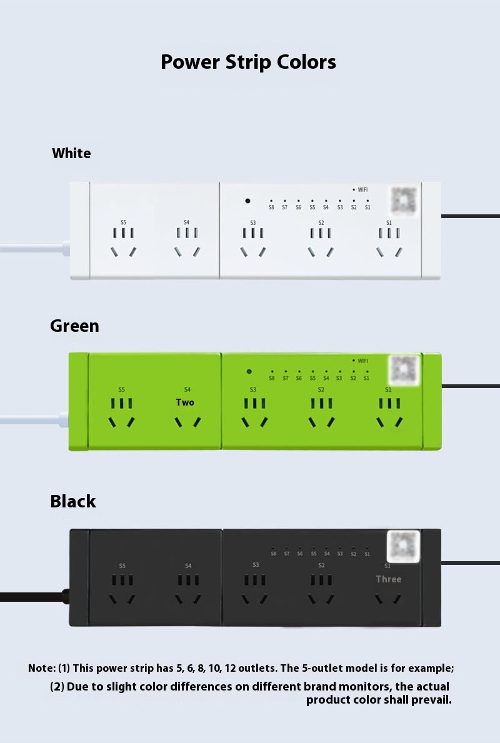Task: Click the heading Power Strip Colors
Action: pos(248,62)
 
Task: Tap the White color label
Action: pos(71,153)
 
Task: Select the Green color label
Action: pos(74,326)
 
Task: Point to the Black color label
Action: pos(73,501)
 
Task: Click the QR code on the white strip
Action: pos(404,200)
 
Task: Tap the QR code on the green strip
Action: pos(403,369)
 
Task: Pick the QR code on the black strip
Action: pos(402,544)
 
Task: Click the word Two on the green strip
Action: pos(185,402)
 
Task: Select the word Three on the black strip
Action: pos(388,579)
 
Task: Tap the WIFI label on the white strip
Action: pos(362,189)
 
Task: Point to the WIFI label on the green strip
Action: pos(363,361)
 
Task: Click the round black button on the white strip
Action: pos(248,201)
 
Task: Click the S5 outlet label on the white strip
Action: pos(123,222)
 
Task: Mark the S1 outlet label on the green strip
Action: pos(388,389)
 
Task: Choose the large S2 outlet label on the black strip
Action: pos(321,566)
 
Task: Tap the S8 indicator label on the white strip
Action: pos(271,207)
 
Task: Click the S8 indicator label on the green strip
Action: pos(272,378)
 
